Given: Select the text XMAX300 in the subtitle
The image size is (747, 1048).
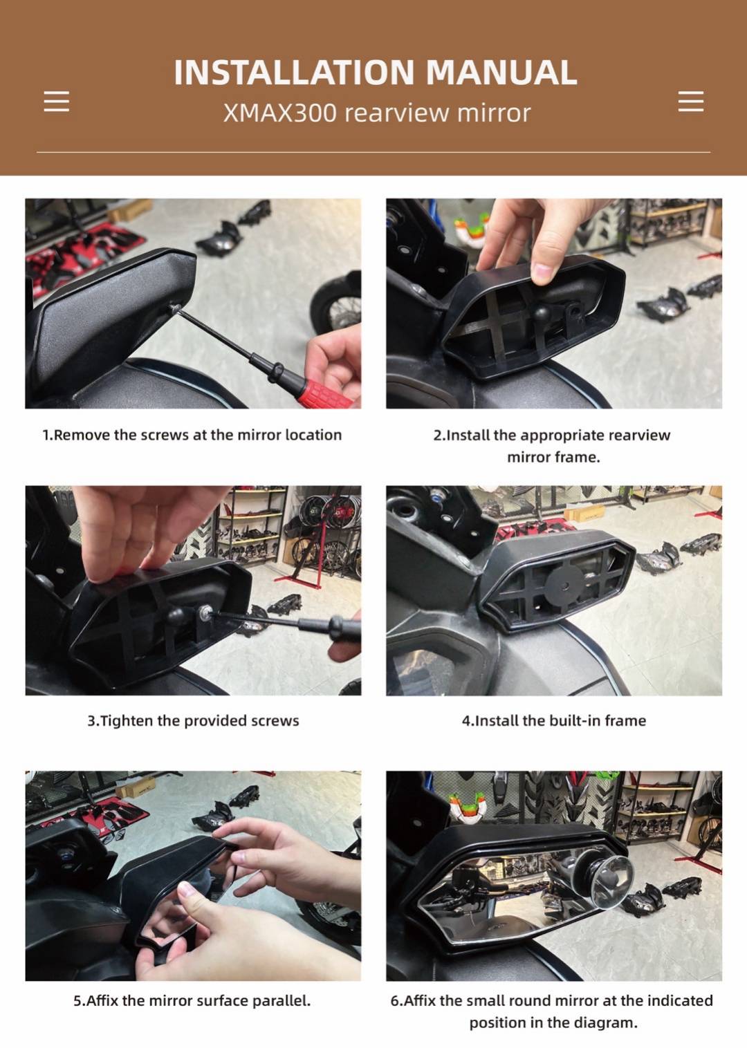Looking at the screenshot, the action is tap(280, 113).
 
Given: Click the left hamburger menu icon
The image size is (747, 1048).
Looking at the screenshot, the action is tap(57, 102).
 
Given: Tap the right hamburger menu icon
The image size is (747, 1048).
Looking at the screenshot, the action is tap(691, 102).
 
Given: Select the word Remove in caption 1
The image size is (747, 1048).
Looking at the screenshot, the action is tap(83, 435).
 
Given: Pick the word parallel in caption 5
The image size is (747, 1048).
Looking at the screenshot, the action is tap(280, 1001).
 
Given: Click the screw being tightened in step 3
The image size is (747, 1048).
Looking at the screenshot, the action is tap(204, 610).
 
